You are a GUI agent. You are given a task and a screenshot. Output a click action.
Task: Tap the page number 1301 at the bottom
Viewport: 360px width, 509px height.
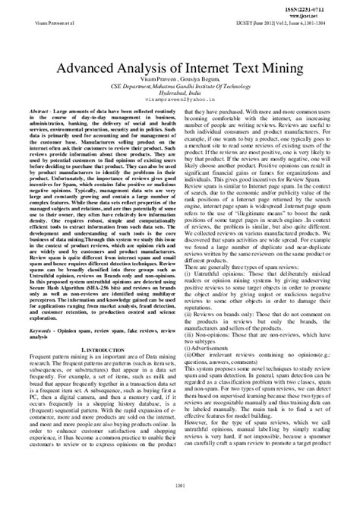point(180,487)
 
